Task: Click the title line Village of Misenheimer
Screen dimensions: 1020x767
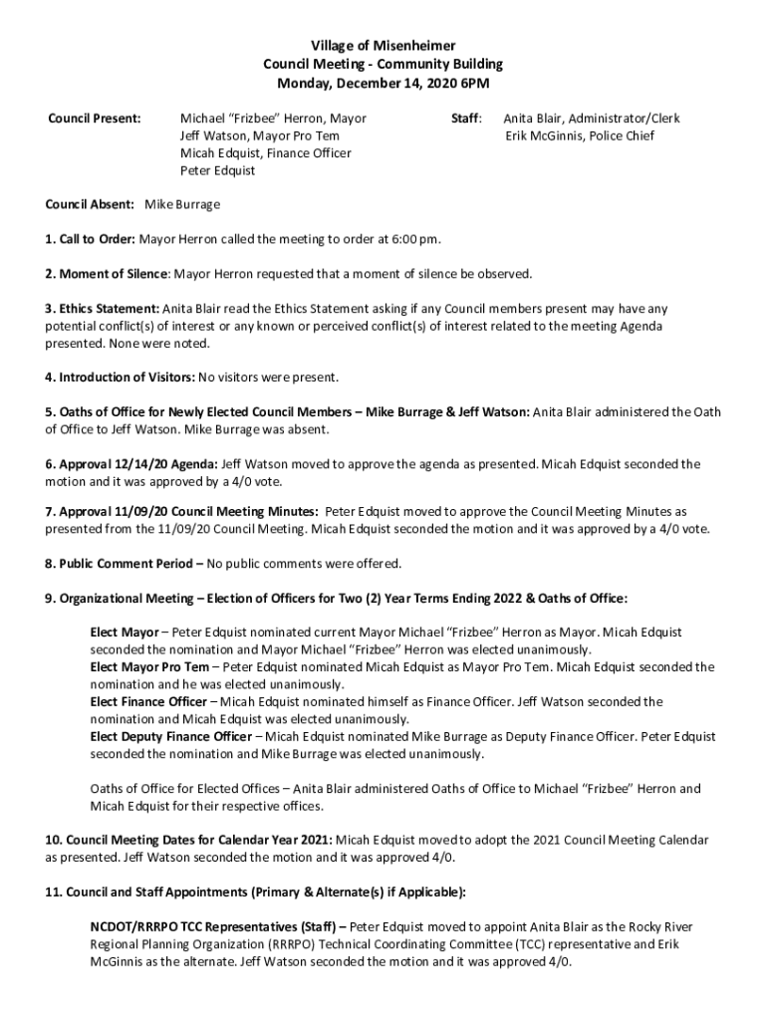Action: pos(383,46)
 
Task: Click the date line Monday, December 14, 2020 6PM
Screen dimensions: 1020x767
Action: pos(383,83)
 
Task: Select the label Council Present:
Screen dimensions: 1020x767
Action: pos(95,119)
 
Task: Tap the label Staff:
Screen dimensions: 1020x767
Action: pos(466,119)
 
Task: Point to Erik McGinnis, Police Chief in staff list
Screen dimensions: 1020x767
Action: pos(579,135)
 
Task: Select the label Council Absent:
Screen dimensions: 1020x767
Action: pos(90,204)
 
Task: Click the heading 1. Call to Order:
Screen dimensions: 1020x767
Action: pos(90,239)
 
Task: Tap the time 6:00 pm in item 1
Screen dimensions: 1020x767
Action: pos(415,239)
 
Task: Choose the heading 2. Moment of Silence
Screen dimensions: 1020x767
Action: pos(107,274)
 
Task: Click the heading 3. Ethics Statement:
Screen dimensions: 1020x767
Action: pos(102,309)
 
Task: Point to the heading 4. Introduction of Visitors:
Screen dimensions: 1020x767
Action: pos(120,378)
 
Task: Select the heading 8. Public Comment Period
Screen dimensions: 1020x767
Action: pos(123,564)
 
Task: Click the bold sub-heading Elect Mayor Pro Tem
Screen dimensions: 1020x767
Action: pos(149,666)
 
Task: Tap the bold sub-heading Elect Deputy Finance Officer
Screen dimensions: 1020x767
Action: pos(170,736)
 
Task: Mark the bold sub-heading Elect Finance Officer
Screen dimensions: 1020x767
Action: pos(148,701)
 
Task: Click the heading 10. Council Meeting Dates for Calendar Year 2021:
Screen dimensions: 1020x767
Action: pos(188,840)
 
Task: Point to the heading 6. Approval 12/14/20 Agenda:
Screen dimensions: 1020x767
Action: pos(130,464)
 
